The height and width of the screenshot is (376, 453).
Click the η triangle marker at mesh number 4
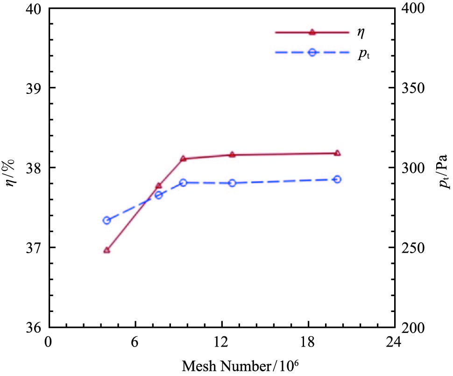[106, 250]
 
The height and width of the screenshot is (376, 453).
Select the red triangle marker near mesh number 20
[337, 153]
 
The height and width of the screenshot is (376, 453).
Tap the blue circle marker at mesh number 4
[106, 220]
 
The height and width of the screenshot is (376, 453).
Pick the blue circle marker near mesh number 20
[337, 179]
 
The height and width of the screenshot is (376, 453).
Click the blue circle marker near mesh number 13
[232, 183]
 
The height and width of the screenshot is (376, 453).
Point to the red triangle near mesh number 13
[232, 154]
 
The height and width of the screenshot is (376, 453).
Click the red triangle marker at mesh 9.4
[183, 159]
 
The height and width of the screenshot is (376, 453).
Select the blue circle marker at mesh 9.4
[183, 183]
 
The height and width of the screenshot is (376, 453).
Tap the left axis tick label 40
[34, 9]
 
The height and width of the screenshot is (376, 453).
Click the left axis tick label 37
[34, 248]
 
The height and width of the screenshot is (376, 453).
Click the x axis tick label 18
[307, 342]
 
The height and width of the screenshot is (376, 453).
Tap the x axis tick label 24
[393, 342]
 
